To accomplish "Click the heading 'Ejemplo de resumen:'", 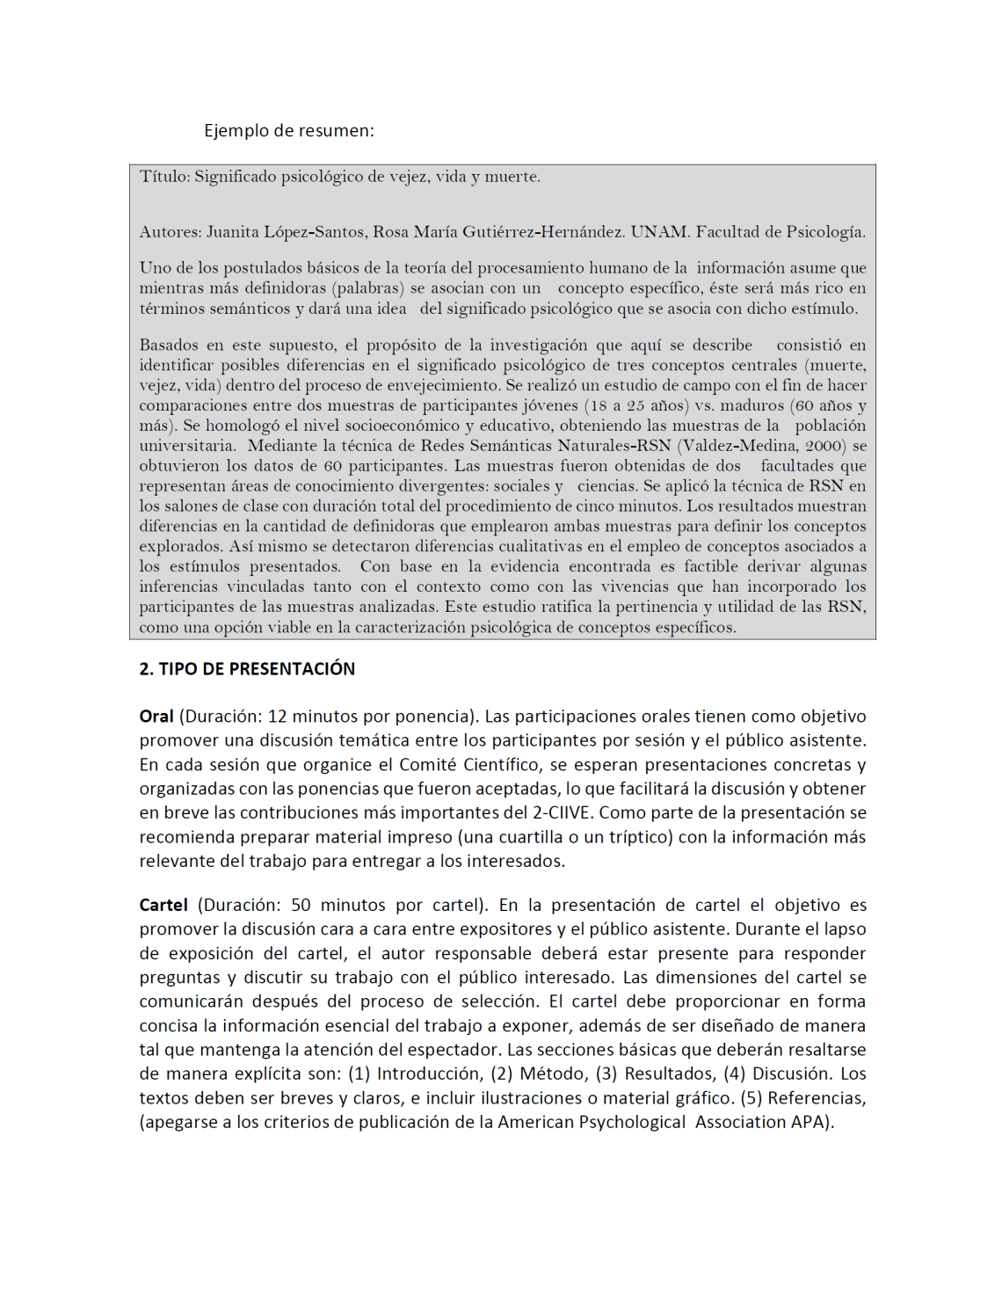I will pos(288,131).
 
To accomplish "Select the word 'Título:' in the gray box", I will pos(164,177).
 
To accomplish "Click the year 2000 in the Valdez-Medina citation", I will pos(825,446).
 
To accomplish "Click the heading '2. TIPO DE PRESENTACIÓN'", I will pos(247,669).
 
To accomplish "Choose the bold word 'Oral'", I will pos(156,717).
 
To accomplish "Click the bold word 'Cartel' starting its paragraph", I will pos(163,906).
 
